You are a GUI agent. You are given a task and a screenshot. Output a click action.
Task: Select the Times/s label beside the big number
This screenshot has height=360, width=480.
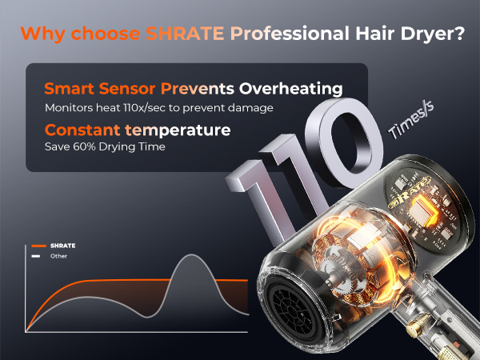coord(410,129)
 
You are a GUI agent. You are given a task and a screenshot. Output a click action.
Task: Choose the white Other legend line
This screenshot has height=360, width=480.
coord(37,256)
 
